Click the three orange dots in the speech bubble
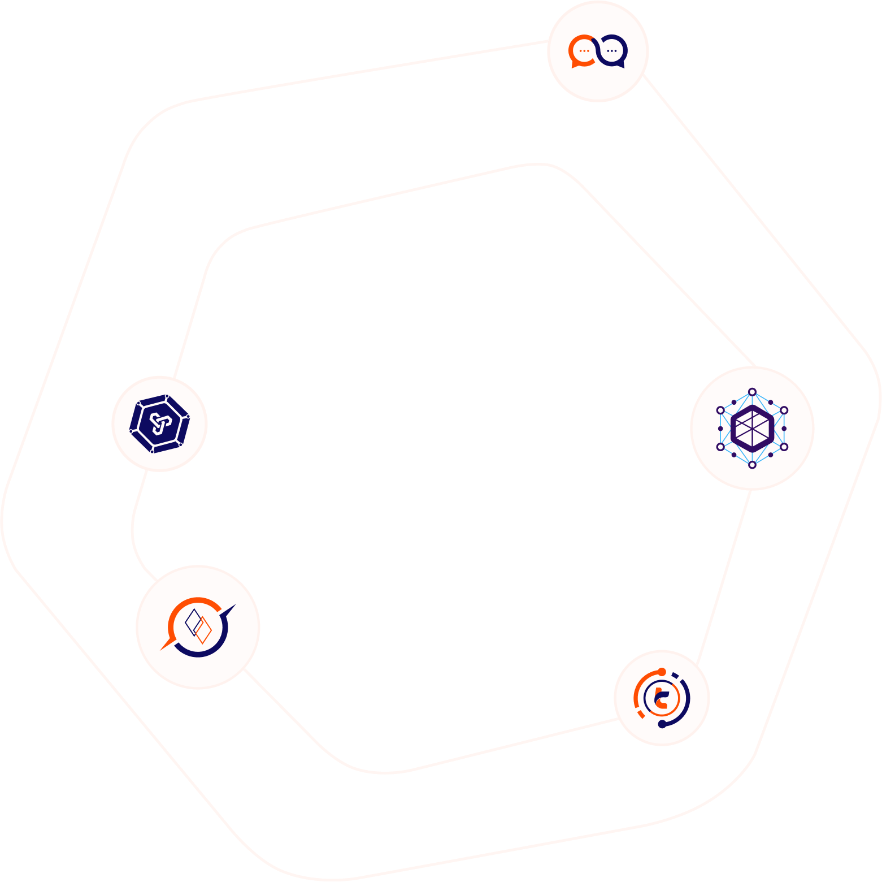coord(584,51)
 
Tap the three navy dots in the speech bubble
coord(611,51)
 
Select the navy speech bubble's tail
coord(620,65)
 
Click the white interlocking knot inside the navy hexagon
coord(160,423)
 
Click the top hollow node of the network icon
coord(752,392)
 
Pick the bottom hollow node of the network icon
coord(752,465)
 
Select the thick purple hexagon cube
coord(752,428)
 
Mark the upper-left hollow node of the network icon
coord(720,410)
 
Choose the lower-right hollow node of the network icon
coord(784,447)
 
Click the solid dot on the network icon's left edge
coord(720,429)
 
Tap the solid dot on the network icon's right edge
coord(784,429)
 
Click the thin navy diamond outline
coord(193,622)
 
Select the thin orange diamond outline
coord(202,630)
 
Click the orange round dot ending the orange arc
coord(662,672)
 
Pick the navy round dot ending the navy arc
coord(662,724)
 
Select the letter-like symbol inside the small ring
coord(662,699)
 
